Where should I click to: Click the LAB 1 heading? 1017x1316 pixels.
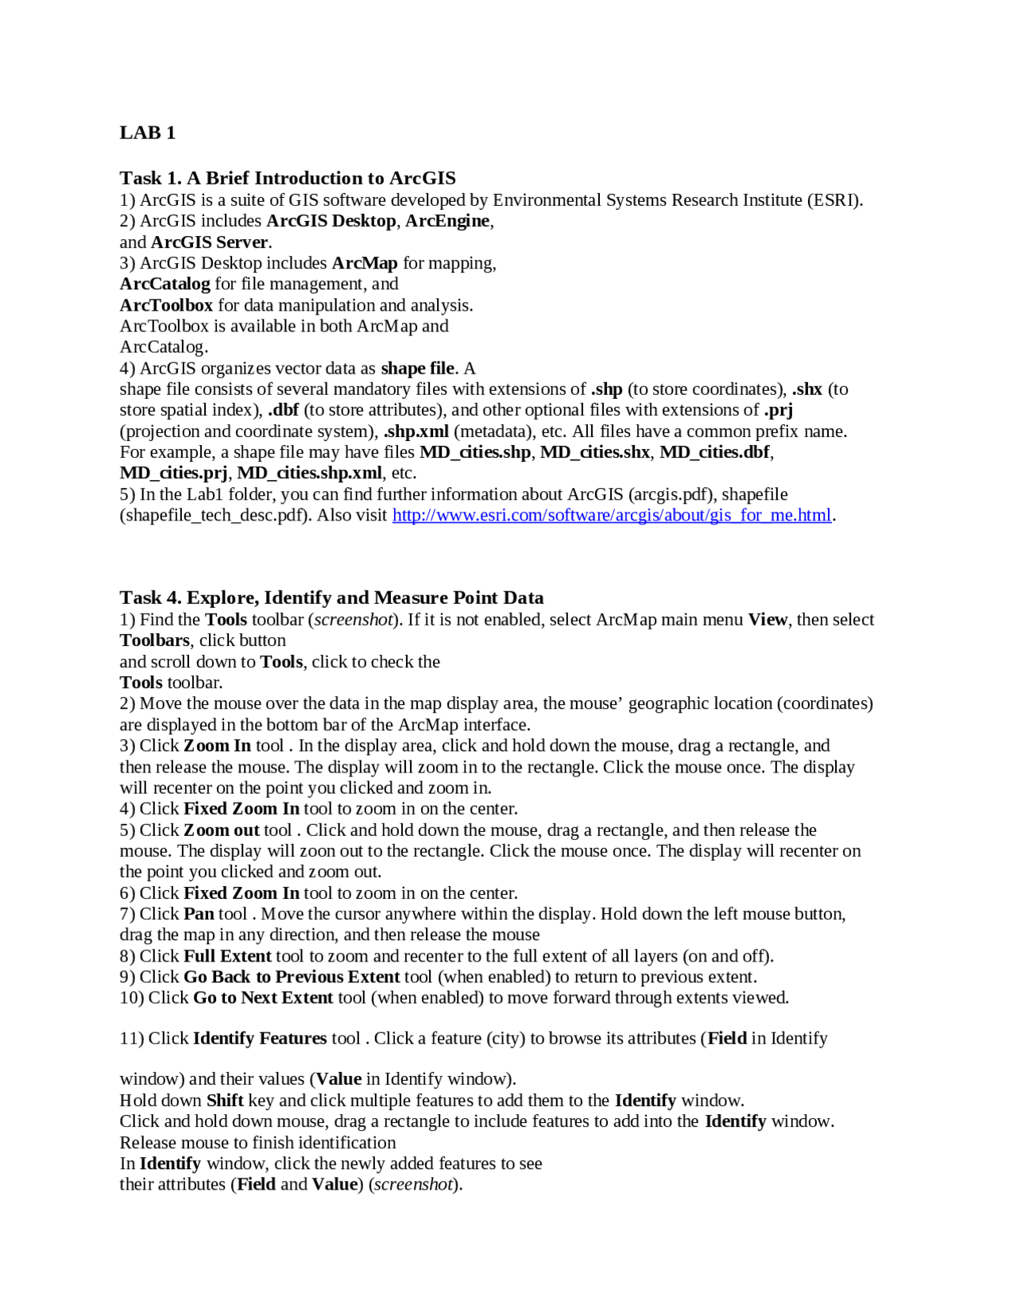click(x=147, y=133)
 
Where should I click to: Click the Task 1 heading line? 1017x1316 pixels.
click(x=288, y=178)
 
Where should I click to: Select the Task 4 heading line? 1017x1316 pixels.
click(x=331, y=598)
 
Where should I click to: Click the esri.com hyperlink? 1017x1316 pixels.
click(x=611, y=515)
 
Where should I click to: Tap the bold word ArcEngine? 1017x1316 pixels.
click(x=447, y=221)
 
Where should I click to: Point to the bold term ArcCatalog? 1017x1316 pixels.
click(x=164, y=284)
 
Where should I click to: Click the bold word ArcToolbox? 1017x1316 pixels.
click(x=166, y=305)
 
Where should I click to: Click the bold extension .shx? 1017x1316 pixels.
click(x=806, y=389)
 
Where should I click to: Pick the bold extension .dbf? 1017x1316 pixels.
click(x=283, y=410)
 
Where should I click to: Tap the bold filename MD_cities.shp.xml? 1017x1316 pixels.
click(x=310, y=473)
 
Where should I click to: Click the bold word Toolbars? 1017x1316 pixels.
click(x=154, y=641)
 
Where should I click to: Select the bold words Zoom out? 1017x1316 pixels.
click(x=222, y=830)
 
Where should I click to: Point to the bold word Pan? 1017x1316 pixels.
click(x=199, y=914)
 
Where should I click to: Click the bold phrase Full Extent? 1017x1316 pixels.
click(x=227, y=956)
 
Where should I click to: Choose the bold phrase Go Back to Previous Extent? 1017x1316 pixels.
click(x=291, y=977)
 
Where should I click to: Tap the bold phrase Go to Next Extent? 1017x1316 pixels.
click(x=262, y=998)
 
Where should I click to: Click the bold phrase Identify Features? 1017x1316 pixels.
click(x=259, y=1039)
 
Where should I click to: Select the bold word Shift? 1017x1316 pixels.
click(x=225, y=1101)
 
